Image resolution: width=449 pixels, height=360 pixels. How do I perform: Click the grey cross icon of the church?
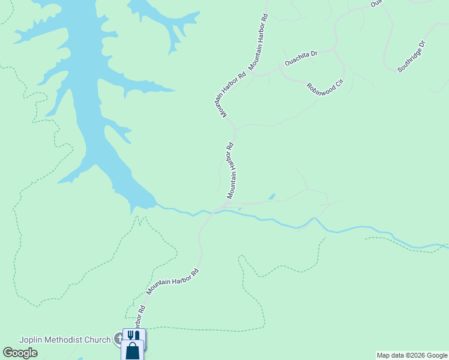[x=119, y=340]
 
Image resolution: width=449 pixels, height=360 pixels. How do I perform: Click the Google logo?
[x=20, y=353]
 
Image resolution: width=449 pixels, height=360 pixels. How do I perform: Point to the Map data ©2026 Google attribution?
[x=412, y=356]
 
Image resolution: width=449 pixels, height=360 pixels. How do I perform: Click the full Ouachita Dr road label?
[x=301, y=58]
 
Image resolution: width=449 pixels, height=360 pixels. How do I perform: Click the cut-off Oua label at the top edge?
[x=376, y=3]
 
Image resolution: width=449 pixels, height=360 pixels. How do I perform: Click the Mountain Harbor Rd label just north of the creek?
[x=231, y=171]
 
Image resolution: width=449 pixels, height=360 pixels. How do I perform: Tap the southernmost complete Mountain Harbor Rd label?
[x=172, y=281]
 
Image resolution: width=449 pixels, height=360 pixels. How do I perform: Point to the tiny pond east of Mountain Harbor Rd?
[x=271, y=196]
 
